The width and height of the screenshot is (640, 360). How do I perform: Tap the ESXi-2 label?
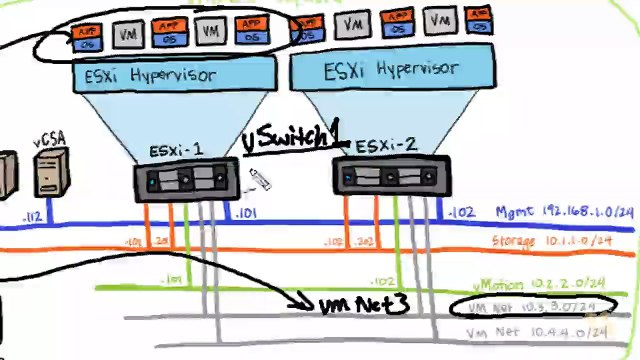pyautogui.click(x=385, y=145)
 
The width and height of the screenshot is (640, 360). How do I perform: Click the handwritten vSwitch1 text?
pyautogui.click(x=293, y=139)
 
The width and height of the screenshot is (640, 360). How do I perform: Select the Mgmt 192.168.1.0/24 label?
pyautogui.click(x=564, y=212)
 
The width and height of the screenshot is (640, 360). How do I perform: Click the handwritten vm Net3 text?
pyautogui.click(x=363, y=304)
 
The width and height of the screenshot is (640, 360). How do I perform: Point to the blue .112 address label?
pyautogui.click(x=32, y=216)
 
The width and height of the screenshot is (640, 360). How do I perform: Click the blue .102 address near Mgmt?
pyautogui.click(x=462, y=213)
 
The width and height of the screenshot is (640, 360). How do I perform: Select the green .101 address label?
pyautogui.click(x=171, y=279)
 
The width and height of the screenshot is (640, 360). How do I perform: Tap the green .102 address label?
pyautogui.click(x=382, y=281)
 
